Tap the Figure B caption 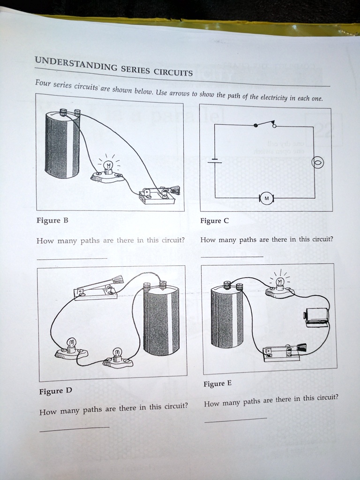coord(49,220)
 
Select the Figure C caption coord(214,221)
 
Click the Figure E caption coord(217,384)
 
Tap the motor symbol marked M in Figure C coord(266,198)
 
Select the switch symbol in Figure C coord(265,124)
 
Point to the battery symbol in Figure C coord(215,161)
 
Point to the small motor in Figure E coord(316,315)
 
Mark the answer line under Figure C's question coord(232,256)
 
